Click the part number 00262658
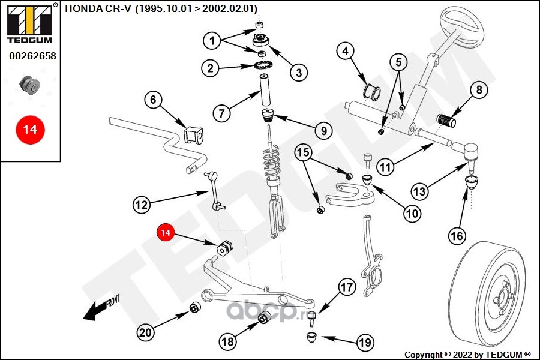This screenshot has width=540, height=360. (32, 56)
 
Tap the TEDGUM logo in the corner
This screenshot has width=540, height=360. (30, 23)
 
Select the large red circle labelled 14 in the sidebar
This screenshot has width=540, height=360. (30, 130)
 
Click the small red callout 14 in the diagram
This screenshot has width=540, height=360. (166, 233)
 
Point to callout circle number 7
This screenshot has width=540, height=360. (221, 113)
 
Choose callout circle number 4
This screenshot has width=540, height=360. (346, 51)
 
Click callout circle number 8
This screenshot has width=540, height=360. (479, 90)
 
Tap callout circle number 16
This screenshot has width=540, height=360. (457, 236)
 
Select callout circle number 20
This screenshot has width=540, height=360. (145, 332)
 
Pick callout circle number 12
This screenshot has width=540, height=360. (142, 205)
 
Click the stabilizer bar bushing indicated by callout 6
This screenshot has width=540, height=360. (194, 134)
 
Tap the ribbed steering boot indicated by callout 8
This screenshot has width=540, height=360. (446, 120)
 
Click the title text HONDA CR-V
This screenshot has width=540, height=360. (98, 8)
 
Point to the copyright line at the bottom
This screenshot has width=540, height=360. (467, 355)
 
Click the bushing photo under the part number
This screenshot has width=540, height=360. (29, 85)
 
